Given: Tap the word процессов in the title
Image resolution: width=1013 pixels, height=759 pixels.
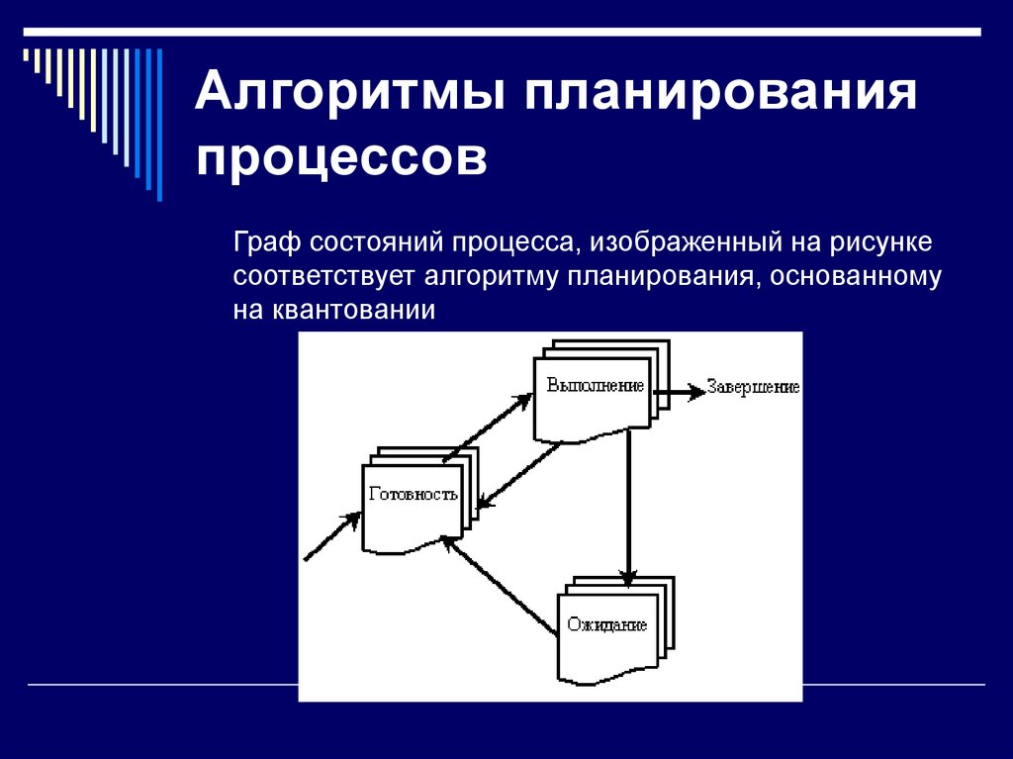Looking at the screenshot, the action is pyautogui.click(x=341, y=158).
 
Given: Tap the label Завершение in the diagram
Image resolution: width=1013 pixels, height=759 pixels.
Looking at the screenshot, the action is pyautogui.click(x=753, y=388).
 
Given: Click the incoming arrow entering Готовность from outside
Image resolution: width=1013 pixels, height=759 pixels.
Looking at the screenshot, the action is pyautogui.click(x=331, y=537).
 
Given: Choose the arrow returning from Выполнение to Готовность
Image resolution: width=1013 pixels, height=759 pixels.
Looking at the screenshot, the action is pyautogui.click(x=517, y=476).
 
